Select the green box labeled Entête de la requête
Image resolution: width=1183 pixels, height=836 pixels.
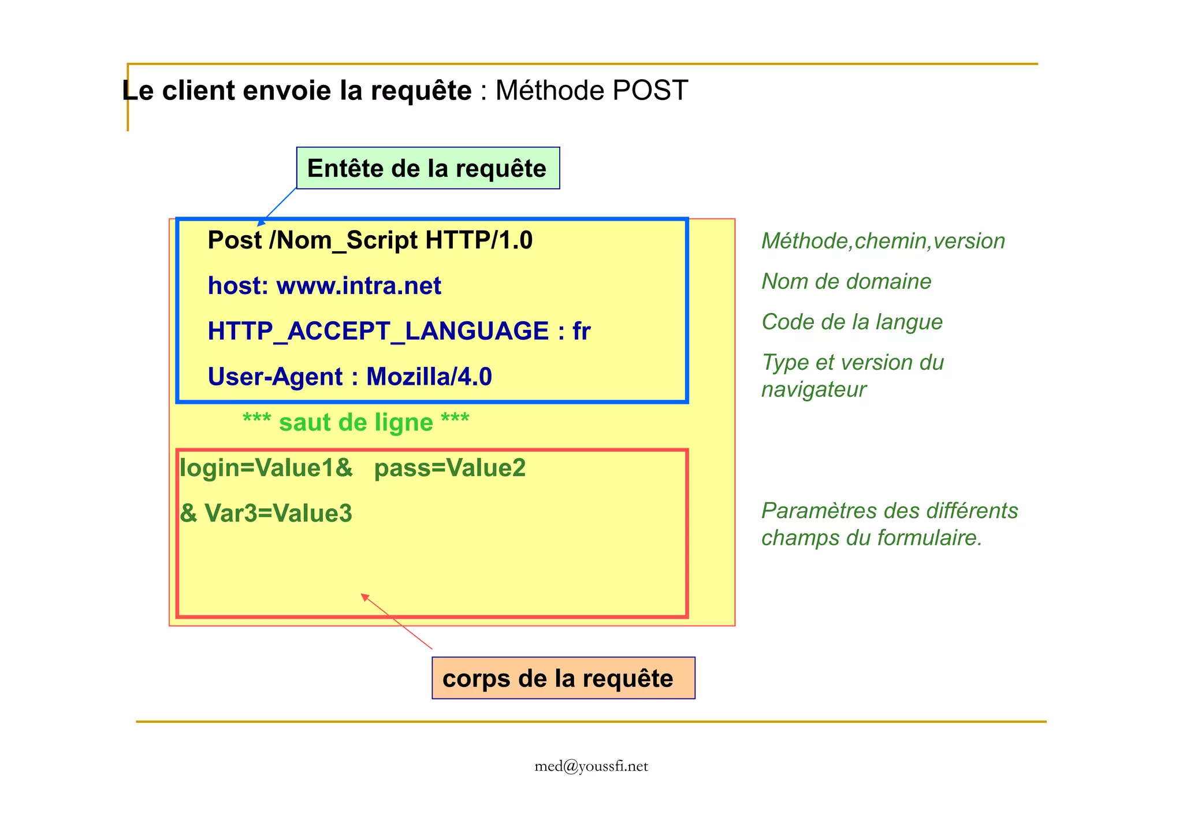(427, 168)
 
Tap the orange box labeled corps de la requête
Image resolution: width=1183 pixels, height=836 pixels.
(563, 678)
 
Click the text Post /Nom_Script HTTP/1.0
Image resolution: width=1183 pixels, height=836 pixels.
(370, 240)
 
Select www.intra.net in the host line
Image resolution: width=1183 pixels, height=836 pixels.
(359, 286)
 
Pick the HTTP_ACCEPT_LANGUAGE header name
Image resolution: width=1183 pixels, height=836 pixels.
(378, 331)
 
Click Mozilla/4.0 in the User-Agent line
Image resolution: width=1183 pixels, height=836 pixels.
(429, 377)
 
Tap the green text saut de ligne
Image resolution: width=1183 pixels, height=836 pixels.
(356, 422)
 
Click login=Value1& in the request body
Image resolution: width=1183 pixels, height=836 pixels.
(266, 468)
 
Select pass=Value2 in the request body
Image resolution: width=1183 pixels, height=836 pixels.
(450, 468)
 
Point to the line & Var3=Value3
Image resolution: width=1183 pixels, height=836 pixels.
(266, 513)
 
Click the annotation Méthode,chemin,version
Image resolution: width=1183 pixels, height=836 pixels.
(883, 241)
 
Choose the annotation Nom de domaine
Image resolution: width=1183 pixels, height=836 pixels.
(846, 281)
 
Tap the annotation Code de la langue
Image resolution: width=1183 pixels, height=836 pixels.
(852, 322)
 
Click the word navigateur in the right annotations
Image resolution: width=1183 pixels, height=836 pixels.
(813, 389)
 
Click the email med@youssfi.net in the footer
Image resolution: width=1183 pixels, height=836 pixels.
(591, 766)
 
